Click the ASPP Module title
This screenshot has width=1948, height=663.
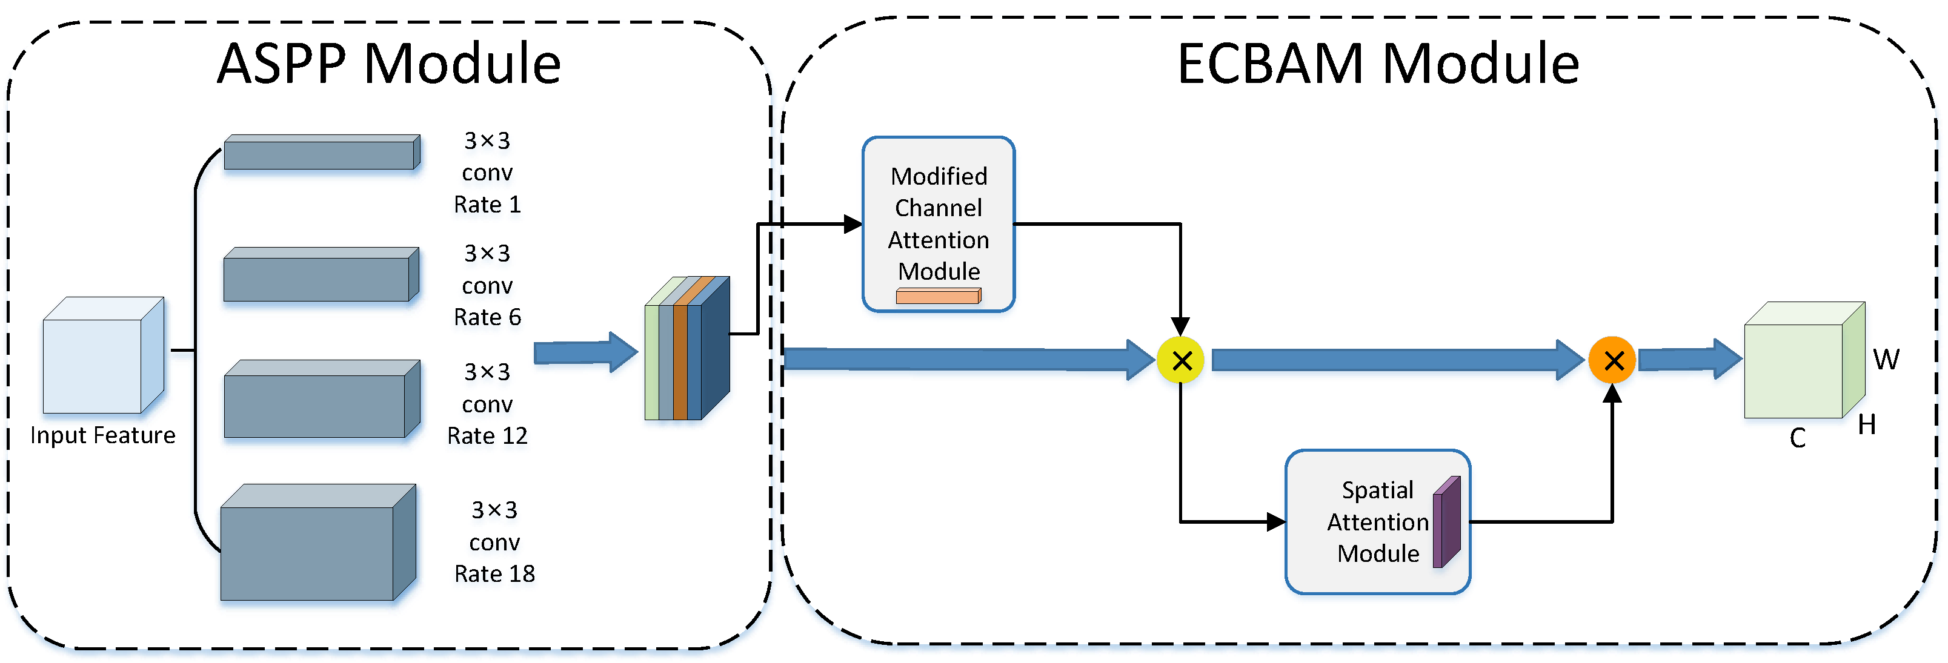(x=389, y=64)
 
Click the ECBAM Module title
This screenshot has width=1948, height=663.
(x=1378, y=64)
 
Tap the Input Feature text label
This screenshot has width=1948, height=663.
(x=103, y=435)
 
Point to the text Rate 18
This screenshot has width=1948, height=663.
(x=494, y=575)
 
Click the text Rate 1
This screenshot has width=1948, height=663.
(x=487, y=205)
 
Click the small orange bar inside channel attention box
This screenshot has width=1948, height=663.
(x=938, y=296)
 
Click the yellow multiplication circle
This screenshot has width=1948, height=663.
(x=1180, y=361)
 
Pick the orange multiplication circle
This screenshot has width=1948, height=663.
(x=1612, y=361)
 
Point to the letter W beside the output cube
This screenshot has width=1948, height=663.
(x=1886, y=360)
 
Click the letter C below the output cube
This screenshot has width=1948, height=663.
(x=1798, y=438)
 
